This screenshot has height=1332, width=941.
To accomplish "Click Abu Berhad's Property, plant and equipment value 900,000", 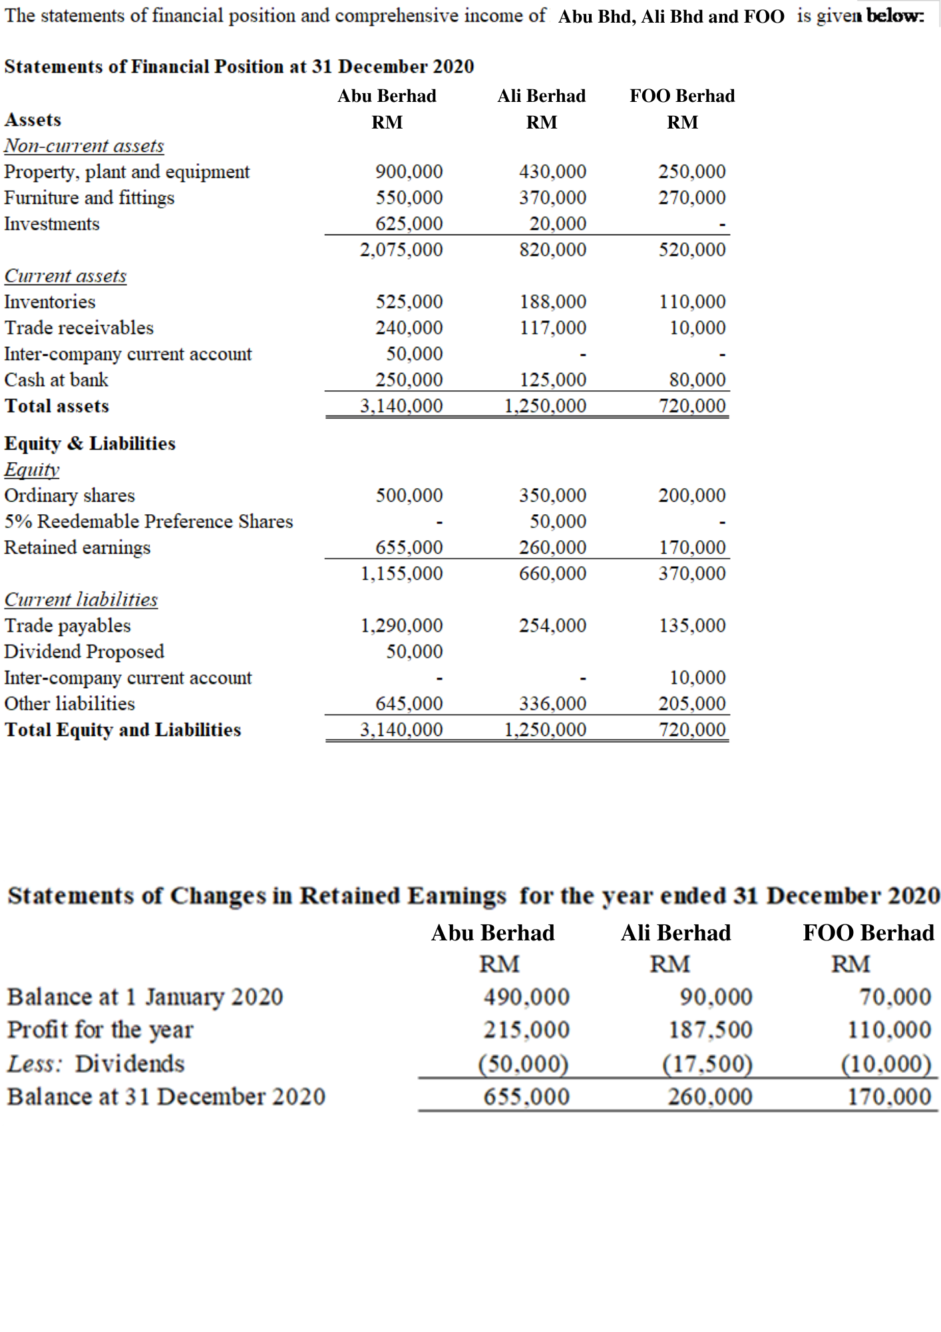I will click(409, 172).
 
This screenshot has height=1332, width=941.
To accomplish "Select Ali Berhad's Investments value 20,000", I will click(558, 224).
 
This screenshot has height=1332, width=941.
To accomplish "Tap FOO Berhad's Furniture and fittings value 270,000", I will click(692, 198).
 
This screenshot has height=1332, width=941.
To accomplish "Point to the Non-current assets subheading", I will click(84, 146).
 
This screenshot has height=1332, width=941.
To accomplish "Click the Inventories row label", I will click(50, 302).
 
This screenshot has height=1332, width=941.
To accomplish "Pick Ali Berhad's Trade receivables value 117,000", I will click(553, 328).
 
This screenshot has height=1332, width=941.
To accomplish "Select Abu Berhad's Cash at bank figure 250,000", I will click(409, 380).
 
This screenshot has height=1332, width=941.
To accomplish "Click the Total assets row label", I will click(57, 406).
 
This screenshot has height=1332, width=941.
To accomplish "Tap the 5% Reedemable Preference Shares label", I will click(148, 521).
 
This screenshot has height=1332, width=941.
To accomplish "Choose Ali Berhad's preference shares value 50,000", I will click(558, 521).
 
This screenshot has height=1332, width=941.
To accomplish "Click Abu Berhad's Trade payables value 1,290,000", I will click(401, 625).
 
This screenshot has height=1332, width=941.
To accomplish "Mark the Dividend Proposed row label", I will click(84, 651).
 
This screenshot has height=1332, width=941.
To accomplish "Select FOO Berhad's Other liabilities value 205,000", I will click(692, 703).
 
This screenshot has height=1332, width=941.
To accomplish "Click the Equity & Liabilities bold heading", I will click(90, 444).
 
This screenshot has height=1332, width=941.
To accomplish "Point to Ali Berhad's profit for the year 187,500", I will click(710, 1030).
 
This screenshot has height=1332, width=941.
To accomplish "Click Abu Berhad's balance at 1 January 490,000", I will click(526, 997).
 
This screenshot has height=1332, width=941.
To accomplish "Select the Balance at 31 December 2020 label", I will click(166, 1097).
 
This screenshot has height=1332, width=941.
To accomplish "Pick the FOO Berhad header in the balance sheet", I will click(682, 96).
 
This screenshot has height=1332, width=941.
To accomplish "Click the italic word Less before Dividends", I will click(33, 1064).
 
